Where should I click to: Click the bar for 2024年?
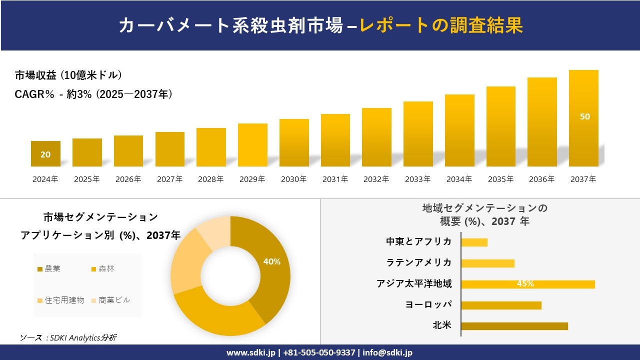pos(45,153)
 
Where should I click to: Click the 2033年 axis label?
pos(417,179)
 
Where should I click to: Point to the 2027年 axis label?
pos(169,179)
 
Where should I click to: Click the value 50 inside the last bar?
pos(584,116)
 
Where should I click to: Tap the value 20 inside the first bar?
pos(45,154)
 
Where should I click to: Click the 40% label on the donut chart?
pos(271,261)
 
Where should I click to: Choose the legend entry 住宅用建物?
pos(60,300)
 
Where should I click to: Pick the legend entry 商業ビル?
pos(110,300)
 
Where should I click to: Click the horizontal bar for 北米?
pos(514,326)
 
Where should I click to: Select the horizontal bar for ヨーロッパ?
pos(501,305)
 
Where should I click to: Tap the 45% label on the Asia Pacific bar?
pos(525,284)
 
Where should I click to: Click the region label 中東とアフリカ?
pos(418,241)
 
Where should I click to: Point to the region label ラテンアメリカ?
pos(418,262)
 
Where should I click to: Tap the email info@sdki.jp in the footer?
pos(388,352)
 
